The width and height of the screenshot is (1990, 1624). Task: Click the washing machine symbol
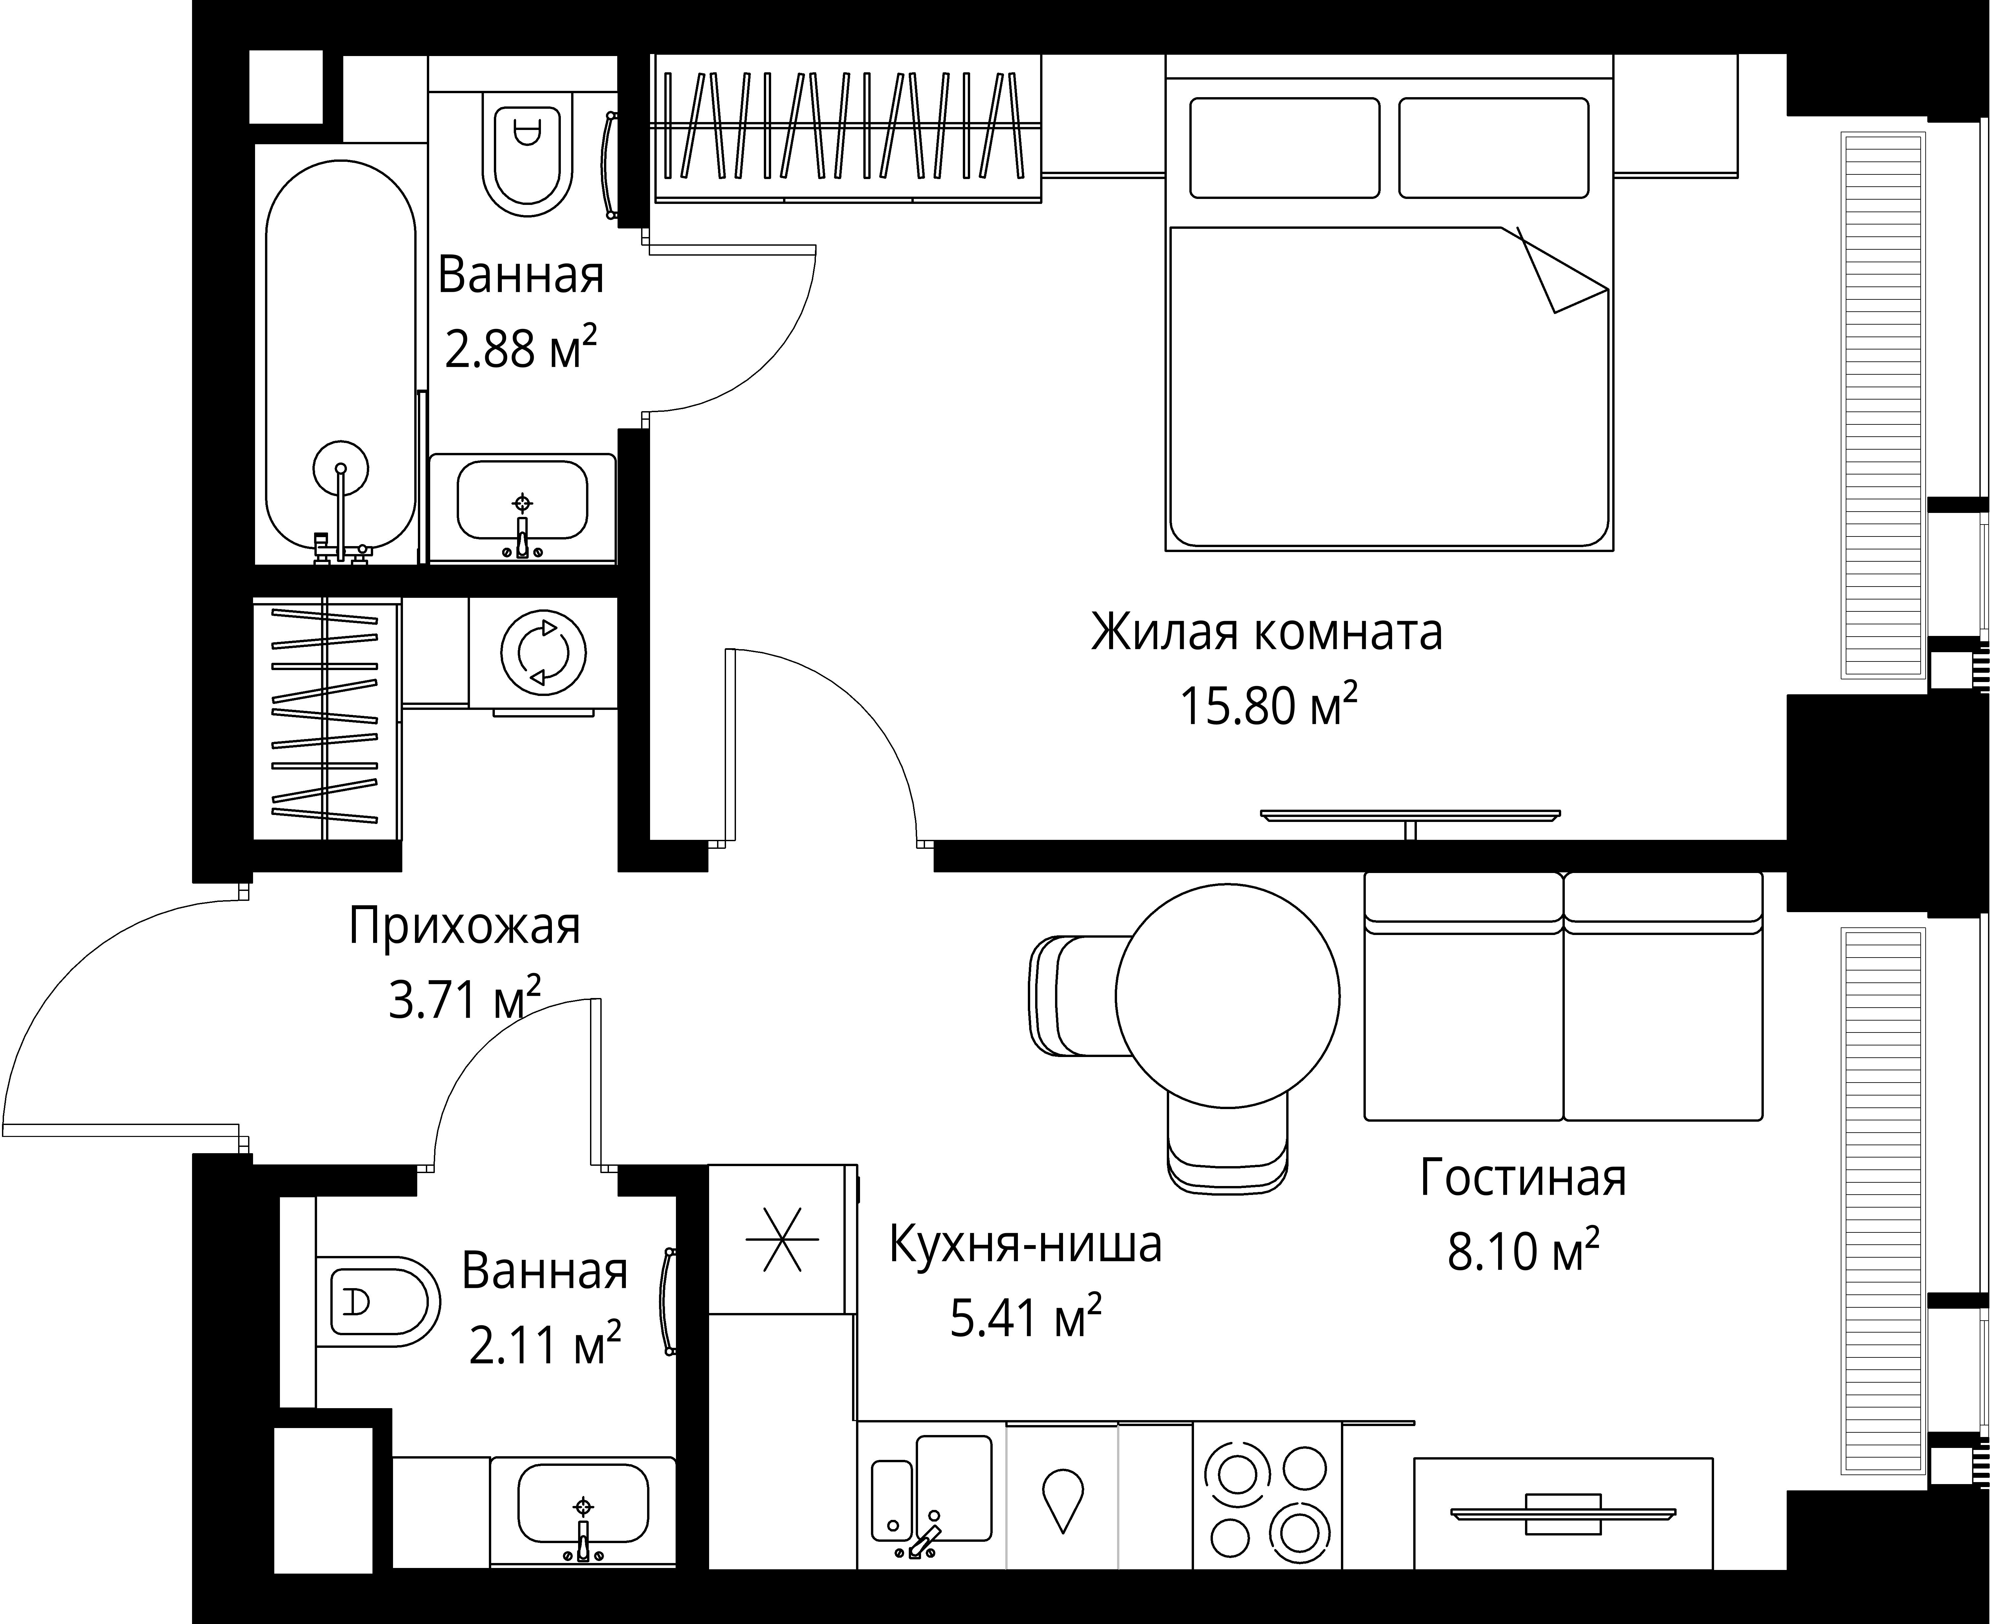coord(544,652)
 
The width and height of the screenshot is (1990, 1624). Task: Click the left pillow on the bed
coord(1285,148)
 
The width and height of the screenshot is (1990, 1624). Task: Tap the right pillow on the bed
coord(1494,148)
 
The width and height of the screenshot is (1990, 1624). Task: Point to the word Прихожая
coord(465,927)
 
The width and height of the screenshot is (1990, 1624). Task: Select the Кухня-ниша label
coord(1026,1244)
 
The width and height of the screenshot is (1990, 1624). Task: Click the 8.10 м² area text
coord(1523,1251)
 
